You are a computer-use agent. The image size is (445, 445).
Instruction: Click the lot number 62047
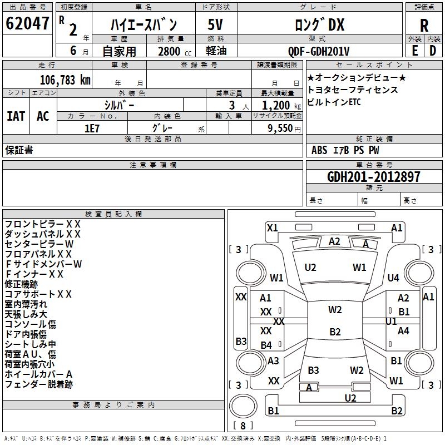coord(27,24)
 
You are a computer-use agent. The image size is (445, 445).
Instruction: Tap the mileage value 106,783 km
coord(65,80)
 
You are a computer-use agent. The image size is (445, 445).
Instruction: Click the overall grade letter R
coord(424,26)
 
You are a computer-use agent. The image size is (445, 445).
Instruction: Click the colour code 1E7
coord(92,127)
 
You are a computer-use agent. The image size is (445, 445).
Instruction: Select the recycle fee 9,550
coord(281,127)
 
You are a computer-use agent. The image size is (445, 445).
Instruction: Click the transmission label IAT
coord(16,116)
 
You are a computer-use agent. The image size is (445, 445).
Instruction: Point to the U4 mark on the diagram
coord(393,278)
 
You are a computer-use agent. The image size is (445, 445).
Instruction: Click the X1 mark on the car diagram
coord(272,228)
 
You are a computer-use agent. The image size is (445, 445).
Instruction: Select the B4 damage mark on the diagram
coord(266,345)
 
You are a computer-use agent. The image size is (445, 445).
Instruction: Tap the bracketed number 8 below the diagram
coord(243,426)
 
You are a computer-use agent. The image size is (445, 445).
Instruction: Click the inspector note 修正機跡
coord(21,284)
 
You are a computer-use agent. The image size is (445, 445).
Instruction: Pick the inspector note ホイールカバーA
coord(38,374)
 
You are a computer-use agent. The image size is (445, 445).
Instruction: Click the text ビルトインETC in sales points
coord(334,102)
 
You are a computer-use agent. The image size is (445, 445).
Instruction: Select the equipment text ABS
coord(319,150)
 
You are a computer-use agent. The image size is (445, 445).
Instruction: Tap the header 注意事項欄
coord(153,165)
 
